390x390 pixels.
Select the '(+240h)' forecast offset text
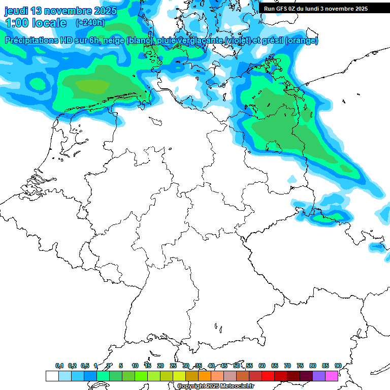point(90,23)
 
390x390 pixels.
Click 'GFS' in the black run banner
point(281,9)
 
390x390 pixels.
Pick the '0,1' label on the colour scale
point(59,366)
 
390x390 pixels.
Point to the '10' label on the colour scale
point(135,366)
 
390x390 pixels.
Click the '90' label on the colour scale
point(338,366)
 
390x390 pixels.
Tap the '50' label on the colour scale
point(237,366)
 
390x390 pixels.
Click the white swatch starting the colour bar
point(52,376)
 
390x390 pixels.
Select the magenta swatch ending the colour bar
point(332,376)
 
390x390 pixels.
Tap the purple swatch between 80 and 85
point(319,376)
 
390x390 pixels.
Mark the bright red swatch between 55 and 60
point(268,376)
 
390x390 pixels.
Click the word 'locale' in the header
point(49,23)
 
